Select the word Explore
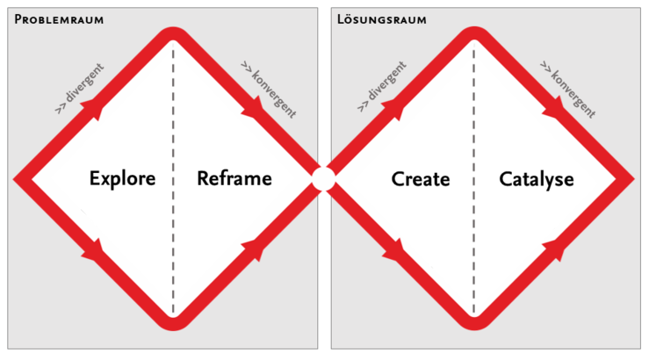point(122,179)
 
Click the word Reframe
point(234,179)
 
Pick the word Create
point(421,179)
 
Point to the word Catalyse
point(537,179)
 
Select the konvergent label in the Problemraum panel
point(269,90)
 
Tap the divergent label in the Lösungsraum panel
point(380,89)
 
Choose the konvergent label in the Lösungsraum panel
point(569,90)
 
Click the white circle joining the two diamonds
point(323,179)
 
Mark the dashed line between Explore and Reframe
point(173,179)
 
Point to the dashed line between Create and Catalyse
point(474,179)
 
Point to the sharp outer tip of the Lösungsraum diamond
point(630,179)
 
